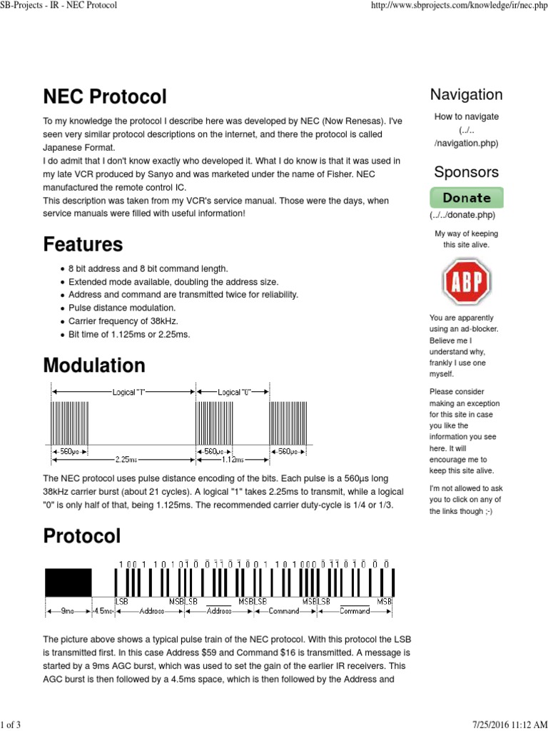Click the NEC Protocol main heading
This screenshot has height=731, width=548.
[105, 97]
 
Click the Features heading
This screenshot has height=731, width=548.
[83, 244]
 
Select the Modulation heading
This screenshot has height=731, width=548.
[94, 365]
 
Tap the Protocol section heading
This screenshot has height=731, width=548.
[82, 535]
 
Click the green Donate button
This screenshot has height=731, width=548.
[466, 198]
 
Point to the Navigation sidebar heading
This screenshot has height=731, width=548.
[466, 95]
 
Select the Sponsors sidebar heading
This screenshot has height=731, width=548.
[466, 172]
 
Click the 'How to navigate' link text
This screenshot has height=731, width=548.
[466, 117]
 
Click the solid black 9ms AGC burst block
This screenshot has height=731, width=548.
[68, 583]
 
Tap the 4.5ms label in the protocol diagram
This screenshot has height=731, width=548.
[104, 611]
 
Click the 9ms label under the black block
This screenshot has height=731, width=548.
[68, 611]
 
